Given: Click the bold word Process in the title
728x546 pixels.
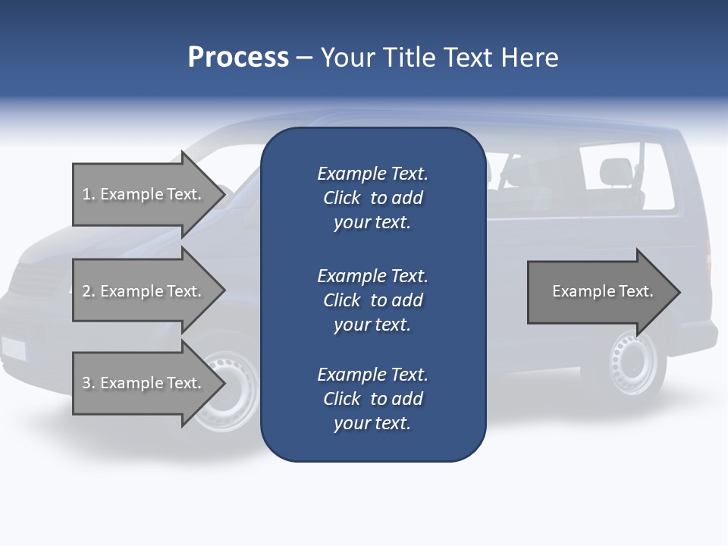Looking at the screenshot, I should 238,58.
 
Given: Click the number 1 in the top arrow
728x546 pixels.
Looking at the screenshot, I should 86,194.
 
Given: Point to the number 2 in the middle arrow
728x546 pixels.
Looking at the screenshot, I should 86,291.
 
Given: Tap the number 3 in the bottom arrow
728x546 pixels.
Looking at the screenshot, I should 86,383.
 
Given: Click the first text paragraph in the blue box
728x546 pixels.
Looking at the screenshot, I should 372,198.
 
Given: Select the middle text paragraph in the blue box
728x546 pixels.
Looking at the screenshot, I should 372,300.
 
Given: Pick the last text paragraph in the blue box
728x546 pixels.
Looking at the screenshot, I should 372,399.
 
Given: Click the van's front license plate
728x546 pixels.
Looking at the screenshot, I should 14,348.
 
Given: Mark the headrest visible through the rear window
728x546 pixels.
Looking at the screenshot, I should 615,171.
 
